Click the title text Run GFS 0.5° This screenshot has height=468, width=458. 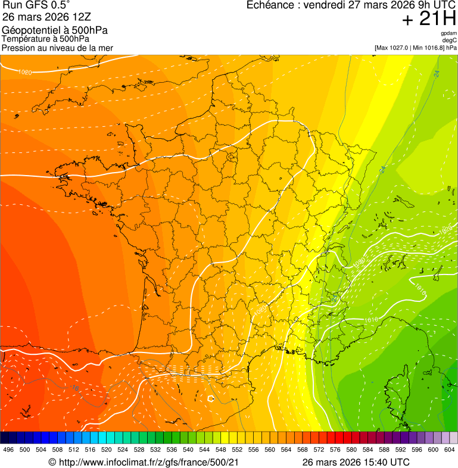click(x=35, y=5)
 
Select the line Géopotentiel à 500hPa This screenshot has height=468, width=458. click(x=55, y=30)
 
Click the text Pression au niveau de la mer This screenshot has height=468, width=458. click(x=57, y=48)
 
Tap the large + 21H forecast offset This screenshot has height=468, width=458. click(x=429, y=19)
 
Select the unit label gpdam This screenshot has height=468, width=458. click(x=448, y=33)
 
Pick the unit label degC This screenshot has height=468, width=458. click(x=449, y=40)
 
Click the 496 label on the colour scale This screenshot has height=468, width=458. click(x=8, y=450)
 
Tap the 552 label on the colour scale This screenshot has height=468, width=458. click(x=237, y=450)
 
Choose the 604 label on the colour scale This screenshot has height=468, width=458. click(x=449, y=450)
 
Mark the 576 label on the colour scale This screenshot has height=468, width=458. click(x=335, y=450)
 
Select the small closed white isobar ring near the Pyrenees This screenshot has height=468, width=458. click(x=210, y=398)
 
